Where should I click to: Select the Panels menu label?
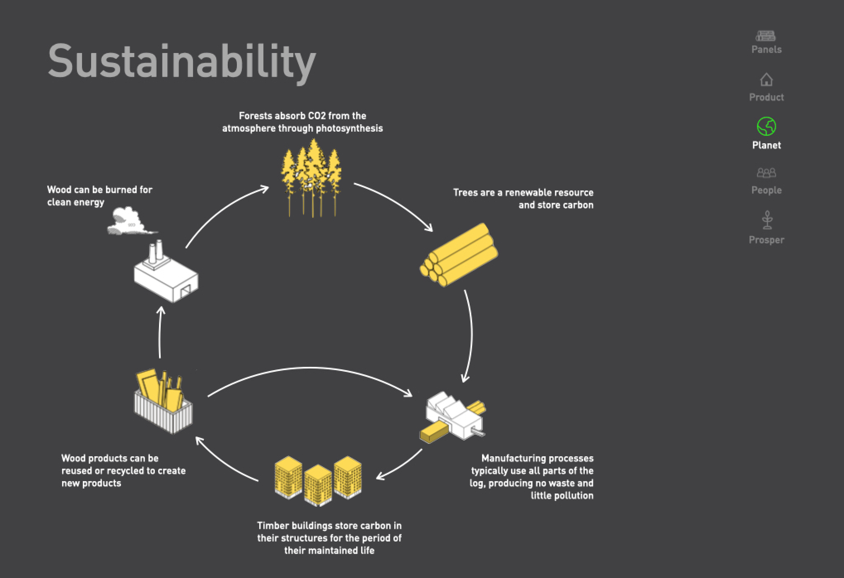coord(766,50)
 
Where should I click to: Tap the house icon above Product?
coord(766,79)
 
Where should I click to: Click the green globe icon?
coord(766,126)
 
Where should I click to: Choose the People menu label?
coord(766,190)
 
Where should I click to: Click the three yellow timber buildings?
coord(318,480)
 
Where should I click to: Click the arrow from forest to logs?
coord(393,203)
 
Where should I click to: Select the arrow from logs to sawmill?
coord(470,335)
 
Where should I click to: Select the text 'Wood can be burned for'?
coord(100,190)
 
